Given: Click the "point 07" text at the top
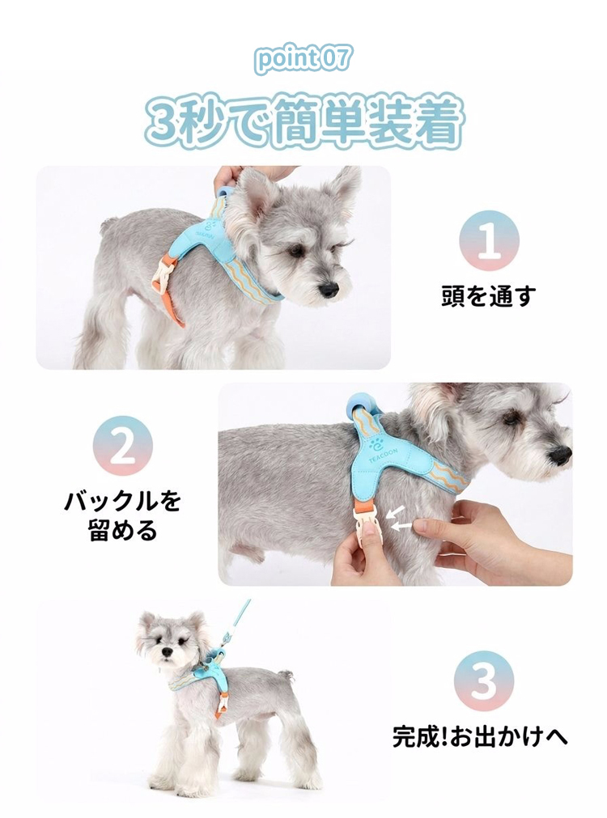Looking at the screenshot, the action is (x=303, y=59).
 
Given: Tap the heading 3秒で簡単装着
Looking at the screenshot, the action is (x=303, y=122).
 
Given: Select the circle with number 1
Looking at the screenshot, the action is (x=489, y=240).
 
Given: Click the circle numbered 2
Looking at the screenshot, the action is (x=123, y=446).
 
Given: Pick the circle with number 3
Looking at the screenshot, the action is (x=484, y=680).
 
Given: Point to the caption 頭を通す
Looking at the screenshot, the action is (x=489, y=296).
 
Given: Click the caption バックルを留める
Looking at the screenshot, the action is (x=123, y=516).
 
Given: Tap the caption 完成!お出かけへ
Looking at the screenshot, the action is (x=480, y=736).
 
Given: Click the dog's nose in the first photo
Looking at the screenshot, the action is (x=329, y=290).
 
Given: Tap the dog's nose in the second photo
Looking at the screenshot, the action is (x=561, y=456).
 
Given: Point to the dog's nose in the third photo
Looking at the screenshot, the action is (x=168, y=653).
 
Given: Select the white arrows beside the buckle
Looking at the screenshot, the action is (x=401, y=519).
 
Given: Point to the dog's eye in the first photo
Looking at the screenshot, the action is (x=297, y=252).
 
